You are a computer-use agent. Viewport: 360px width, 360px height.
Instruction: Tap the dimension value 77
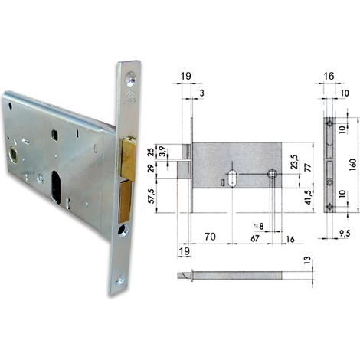(308, 168)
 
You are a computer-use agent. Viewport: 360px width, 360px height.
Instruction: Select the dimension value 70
(210, 237)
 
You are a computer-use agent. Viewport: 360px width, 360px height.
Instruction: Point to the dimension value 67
(255, 239)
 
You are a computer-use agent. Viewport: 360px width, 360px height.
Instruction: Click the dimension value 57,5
(152, 196)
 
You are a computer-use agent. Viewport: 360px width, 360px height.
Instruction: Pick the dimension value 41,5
(309, 198)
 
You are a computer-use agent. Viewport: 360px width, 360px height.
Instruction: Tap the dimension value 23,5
(294, 162)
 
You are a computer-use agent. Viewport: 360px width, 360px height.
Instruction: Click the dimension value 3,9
(161, 152)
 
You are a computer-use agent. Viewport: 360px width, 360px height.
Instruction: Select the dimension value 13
(308, 260)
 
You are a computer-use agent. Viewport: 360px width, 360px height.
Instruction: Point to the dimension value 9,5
(345, 234)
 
